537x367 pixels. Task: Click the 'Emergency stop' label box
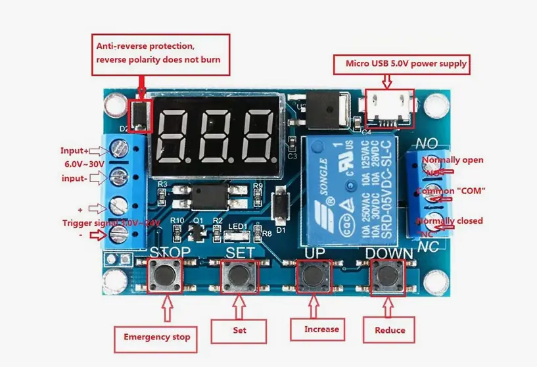coord(156,337)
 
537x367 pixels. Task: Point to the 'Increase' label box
coord(321,329)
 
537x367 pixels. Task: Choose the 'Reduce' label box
coord(390,330)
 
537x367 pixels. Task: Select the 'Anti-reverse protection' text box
coord(162,55)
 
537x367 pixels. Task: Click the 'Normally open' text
coord(452,160)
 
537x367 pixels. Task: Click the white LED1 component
coord(237,233)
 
